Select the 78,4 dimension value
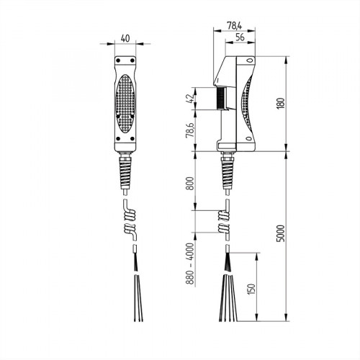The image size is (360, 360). tap(233, 25)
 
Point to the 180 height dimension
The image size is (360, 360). tap(289, 102)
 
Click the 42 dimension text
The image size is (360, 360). tap(190, 99)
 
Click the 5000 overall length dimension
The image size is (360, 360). tap(289, 235)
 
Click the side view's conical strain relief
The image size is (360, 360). tap(228, 173)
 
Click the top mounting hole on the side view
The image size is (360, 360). tap(247, 62)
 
